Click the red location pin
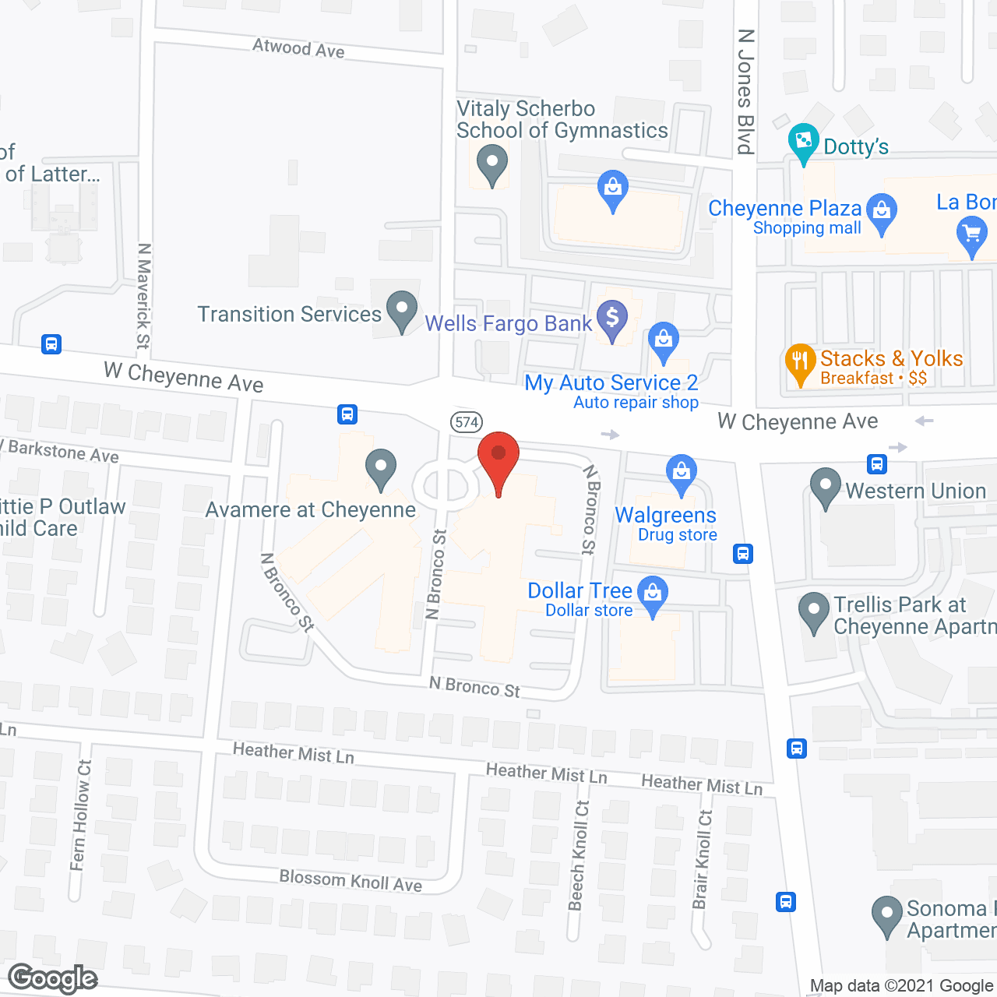498,460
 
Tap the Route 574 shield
467,422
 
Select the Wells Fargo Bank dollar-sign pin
612,319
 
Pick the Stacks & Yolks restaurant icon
800,363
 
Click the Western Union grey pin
825,487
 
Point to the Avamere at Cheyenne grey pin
381,470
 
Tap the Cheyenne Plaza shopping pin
881,213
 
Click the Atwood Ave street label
298,48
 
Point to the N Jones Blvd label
745,92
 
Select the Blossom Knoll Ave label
351,880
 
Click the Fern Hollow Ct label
81,815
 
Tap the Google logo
53,978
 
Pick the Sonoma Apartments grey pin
886,916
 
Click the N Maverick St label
143,296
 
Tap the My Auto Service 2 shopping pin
664,343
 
